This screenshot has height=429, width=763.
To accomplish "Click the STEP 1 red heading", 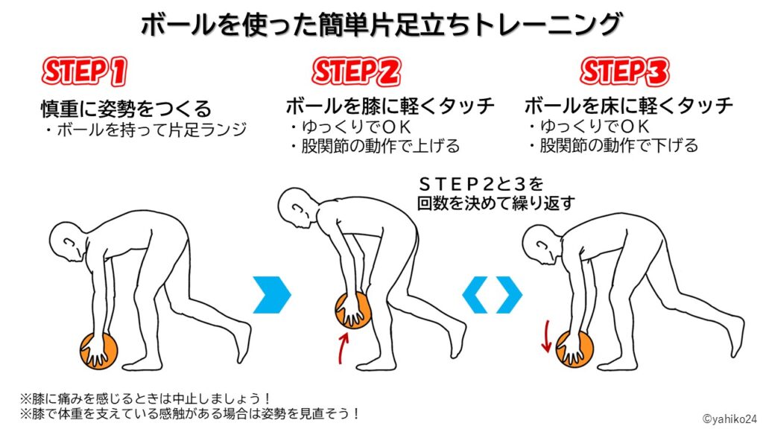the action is (83, 71).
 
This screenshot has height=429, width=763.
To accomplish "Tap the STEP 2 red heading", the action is (355, 72).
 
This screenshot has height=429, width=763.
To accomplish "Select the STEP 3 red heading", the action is (624, 72).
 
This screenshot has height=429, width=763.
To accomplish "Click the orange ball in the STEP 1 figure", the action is (99, 351).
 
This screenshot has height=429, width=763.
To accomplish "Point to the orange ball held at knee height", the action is (353, 311).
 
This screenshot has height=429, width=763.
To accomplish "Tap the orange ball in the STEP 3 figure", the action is (574, 349).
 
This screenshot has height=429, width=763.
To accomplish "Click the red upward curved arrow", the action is (343, 349).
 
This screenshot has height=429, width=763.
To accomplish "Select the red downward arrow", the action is (546, 336).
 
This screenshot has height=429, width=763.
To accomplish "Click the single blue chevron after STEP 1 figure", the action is (272, 294).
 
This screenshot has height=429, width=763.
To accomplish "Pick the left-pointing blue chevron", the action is (475, 294).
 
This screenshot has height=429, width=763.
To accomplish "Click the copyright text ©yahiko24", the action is (729, 419).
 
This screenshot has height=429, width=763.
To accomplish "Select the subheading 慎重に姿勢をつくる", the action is (126, 109).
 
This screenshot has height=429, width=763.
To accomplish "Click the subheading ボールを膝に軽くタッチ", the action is (390, 106).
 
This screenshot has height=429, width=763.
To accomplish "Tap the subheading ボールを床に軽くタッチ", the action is (629, 106).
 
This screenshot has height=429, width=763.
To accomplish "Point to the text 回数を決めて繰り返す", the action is (496, 203).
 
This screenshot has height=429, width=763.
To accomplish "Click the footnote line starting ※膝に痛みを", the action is (145, 399).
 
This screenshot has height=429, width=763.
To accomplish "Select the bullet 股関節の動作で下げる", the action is (614, 145).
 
